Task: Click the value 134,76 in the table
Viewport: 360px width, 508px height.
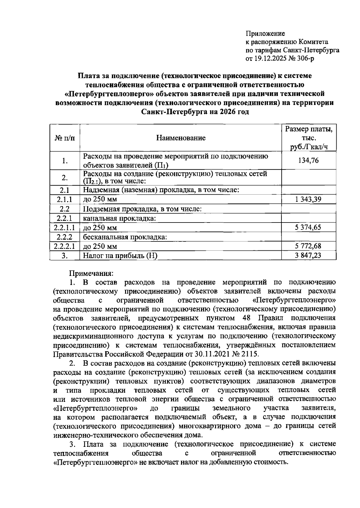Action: click(x=308, y=160)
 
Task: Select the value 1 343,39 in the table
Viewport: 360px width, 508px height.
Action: click(x=308, y=199)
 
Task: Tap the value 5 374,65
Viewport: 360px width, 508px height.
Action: click(x=308, y=227)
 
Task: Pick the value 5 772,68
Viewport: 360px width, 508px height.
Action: click(x=308, y=246)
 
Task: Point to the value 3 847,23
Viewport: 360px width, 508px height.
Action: click(x=308, y=255)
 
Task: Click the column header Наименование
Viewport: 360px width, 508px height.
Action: click(x=181, y=138)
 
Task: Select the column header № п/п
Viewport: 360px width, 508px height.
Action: click(x=65, y=138)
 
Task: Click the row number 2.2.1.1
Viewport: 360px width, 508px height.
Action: click(x=64, y=227)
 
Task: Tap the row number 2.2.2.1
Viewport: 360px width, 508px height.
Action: click(x=64, y=246)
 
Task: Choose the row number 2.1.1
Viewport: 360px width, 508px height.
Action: click(x=64, y=199)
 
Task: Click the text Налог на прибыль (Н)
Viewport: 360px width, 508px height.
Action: click(x=120, y=256)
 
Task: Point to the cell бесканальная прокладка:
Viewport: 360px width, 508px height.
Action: click(x=124, y=237)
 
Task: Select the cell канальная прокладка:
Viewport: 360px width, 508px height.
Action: click(x=119, y=218)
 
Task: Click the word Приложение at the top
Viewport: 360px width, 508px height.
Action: click(x=265, y=33)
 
